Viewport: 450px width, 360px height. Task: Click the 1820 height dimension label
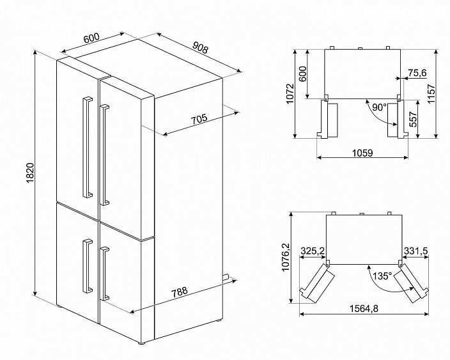click(x=30, y=173)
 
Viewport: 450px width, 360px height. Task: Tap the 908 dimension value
click(x=199, y=48)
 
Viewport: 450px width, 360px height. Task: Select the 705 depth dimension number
click(x=199, y=119)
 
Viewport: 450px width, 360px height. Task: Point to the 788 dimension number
click(x=179, y=292)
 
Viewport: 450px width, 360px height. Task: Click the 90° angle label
click(x=380, y=107)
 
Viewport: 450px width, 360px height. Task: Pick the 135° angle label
click(x=382, y=276)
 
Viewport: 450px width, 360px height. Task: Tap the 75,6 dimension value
click(x=417, y=73)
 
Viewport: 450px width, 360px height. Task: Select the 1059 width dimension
click(x=362, y=153)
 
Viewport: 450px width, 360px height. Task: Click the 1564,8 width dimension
click(x=364, y=309)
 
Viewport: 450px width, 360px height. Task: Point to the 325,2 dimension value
click(x=313, y=251)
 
